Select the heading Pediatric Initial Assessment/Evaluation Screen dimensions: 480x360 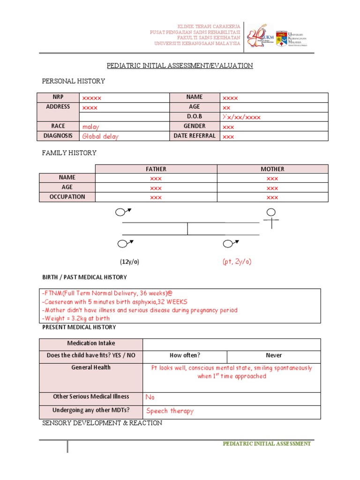coord(180,66)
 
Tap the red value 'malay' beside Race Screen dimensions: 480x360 coord(91,127)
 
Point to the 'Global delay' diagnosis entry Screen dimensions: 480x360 coord(100,136)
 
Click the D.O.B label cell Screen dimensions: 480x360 coord(194,116)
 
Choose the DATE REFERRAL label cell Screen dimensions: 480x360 coord(194,136)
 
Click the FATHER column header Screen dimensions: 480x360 coord(156,169)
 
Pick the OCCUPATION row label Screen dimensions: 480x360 coord(67,197)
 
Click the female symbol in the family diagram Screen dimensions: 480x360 coord(271,217)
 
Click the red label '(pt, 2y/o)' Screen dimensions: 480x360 coord(237,262)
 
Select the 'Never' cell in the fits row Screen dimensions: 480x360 coord(274,355)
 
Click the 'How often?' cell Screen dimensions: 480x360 coord(185,355)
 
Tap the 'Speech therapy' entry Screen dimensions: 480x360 coord(170,411)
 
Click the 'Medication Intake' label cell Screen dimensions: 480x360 coord(91,344)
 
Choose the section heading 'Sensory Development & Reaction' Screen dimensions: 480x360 coord(102,423)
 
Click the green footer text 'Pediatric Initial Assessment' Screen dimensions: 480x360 coord(266,443)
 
